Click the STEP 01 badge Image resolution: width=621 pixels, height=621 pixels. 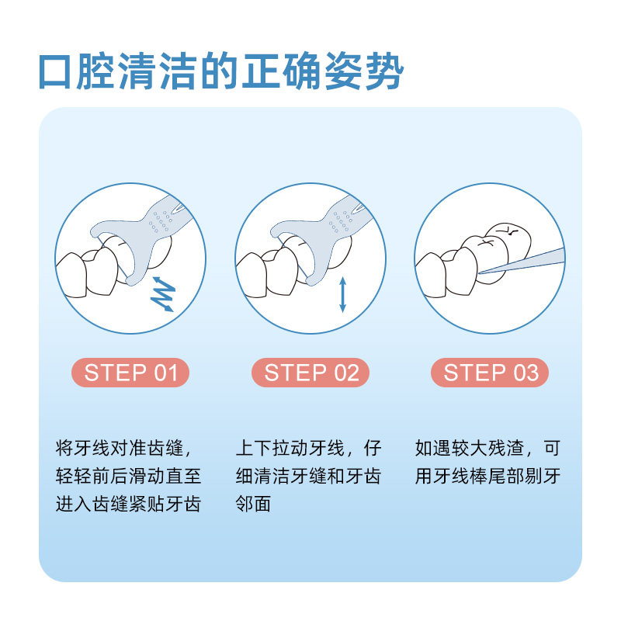coord(130,373)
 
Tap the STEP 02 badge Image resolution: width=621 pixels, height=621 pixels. coord(310,373)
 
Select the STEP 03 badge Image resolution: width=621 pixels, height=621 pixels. coord(490,373)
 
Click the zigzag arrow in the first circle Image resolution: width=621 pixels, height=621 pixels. coord(163,294)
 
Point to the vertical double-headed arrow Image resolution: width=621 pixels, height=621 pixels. coord(343,294)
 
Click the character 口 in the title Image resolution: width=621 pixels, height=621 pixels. coord(55,71)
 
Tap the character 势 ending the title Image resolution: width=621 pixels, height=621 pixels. coord(383,71)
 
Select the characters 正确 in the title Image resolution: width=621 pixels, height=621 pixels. coord(282,71)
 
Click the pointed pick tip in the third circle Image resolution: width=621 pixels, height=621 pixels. coord(480,272)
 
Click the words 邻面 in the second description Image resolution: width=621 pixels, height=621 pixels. coord(253,504)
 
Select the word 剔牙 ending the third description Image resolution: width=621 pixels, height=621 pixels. coord(543,476)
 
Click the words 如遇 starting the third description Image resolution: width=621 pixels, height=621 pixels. coord(433,449)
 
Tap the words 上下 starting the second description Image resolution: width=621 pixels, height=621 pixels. coord(254,449)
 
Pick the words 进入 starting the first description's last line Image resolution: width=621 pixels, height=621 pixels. coord(73,504)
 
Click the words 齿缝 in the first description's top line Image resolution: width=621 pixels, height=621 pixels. coord(165,449)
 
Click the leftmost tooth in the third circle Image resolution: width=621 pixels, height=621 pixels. coord(432,275)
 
